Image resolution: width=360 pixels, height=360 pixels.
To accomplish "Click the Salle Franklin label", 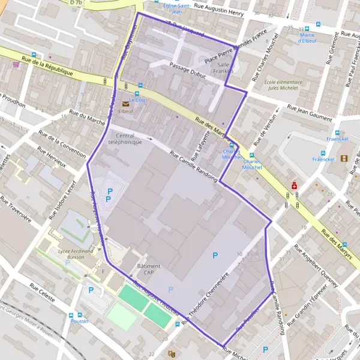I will [224, 68].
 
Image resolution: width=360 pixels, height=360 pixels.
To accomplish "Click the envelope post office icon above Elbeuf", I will [126, 103].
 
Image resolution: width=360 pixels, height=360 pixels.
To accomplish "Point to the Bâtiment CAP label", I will [148, 269].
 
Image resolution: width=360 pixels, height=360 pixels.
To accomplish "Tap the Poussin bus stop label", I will [79, 321].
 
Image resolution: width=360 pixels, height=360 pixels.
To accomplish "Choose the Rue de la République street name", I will [47, 65].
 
